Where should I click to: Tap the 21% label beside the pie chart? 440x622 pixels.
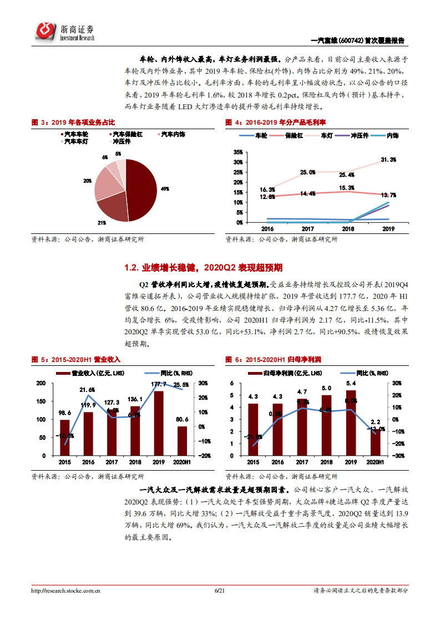[x=102, y=222]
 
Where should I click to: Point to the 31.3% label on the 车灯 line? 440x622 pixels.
[x=388, y=160]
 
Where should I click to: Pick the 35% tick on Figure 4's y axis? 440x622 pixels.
[x=237, y=152]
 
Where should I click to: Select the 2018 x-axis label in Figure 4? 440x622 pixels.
[x=348, y=228]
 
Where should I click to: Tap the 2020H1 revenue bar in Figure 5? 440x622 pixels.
[x=182, y=441]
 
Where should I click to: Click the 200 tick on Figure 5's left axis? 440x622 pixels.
[x=41, y=384]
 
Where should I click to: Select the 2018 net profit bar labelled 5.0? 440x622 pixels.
[x=326, y=425]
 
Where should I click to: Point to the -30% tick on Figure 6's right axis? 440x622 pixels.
[x=397, y=456]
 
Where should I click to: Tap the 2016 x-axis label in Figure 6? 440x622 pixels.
[x=277, y=462]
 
